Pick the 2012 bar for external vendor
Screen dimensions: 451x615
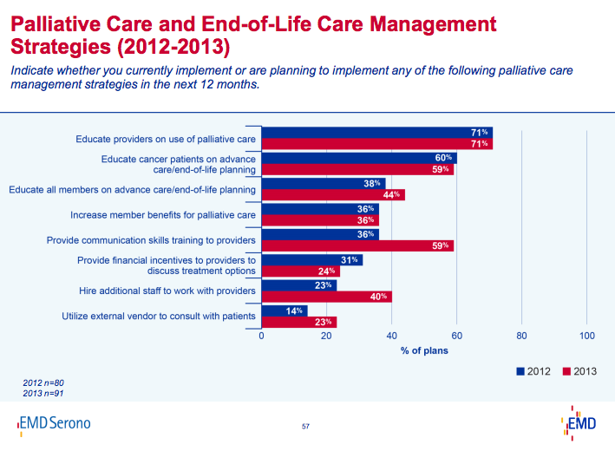tap(284, 310)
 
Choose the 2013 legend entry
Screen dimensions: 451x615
tap(579, 370)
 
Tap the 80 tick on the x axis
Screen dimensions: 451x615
tap(521, 336)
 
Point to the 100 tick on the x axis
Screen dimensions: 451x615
tap(586, 336)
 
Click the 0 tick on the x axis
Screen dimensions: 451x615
tap(261, 336)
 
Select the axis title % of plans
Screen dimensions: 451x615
tap(424, 351)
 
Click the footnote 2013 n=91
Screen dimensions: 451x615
tap(43, 394)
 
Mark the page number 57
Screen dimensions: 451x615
tap(305, 426)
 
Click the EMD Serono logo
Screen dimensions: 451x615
tap(54, 423)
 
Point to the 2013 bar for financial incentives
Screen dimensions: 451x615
tap(300, 271)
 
